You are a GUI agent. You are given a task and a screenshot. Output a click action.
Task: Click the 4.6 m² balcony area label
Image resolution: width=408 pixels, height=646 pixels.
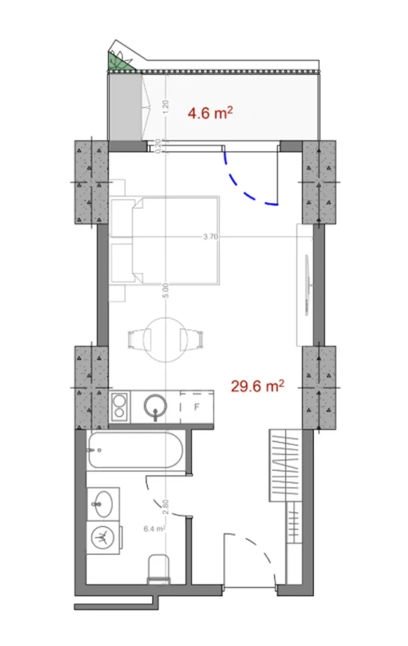coord(211,113)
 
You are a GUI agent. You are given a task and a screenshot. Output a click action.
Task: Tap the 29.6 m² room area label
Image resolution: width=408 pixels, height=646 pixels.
coord(257,385)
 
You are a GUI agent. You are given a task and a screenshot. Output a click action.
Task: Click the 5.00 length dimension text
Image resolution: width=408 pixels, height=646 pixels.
coord(165,290)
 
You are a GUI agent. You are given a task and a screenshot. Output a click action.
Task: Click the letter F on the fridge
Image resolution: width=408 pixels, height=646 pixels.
coord(197,406)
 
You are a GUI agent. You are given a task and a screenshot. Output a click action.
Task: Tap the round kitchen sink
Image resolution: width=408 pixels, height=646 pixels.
coord(154,406)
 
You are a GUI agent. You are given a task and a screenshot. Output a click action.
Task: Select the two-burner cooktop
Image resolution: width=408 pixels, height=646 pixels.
coord(119,406)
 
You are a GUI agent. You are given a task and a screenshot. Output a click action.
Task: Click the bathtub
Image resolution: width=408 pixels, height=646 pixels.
coord(135,450)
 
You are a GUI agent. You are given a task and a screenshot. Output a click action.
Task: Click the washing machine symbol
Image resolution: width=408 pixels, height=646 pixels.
coord(102,538)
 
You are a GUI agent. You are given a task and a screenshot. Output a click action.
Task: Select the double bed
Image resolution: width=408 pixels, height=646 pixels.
coord(167,240)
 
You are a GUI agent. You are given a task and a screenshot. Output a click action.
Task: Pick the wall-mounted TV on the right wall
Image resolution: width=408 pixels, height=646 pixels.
coord(306,284)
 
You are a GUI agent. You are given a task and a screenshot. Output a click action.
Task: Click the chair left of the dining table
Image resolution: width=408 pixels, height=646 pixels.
coord(136,338)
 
